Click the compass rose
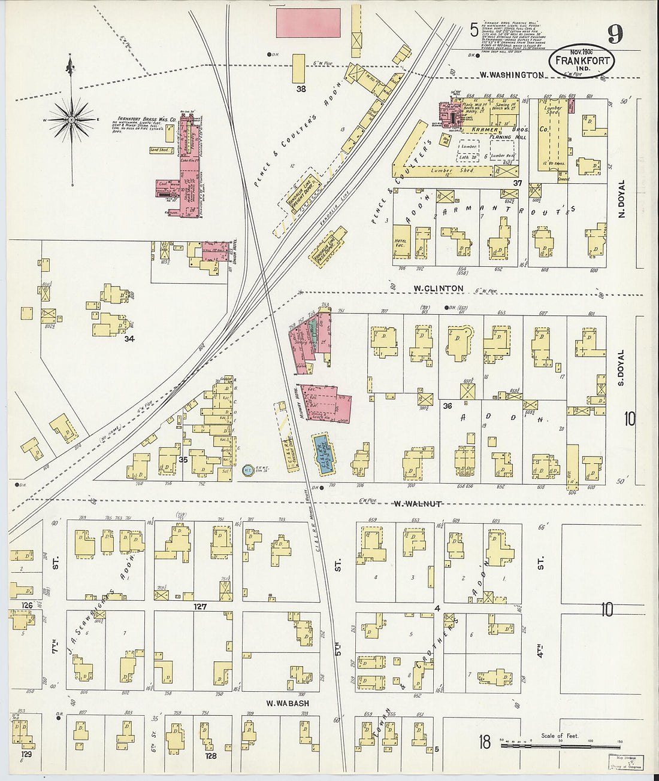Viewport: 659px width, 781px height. [x=72, y=120]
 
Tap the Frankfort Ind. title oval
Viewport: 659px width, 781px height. [x=581, y=61]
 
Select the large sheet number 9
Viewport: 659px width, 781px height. [x=615, y=34]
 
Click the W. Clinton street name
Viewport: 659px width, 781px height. [x=439, y=288]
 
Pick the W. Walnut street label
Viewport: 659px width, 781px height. [x=418, y=504]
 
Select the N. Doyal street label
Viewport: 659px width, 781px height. [x=621, y=198]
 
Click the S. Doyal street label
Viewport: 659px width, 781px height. [x=621, y=367]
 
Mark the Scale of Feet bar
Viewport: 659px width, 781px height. [x=560, y=746]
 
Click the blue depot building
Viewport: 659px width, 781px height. [x=324, y=452]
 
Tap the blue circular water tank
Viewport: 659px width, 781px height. [x=246, y=471]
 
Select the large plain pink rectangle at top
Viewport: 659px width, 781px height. [x=308, y=23]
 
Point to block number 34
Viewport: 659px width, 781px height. [x=129, y=339]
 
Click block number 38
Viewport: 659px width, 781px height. [x=301, y=89]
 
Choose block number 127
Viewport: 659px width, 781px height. [x=199, y=606]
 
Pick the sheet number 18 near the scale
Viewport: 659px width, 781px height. [x=485, y=743]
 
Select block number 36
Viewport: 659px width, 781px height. [x=447, y=406]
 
